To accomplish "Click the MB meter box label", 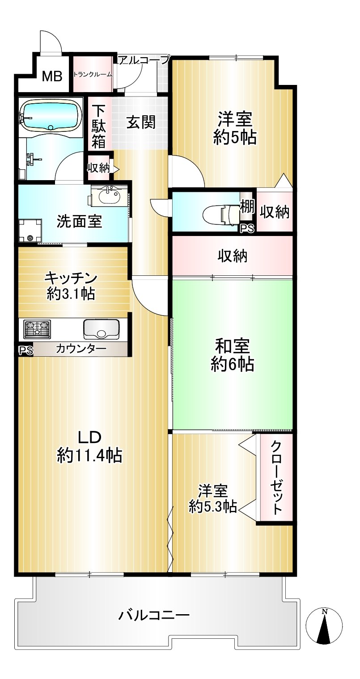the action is [x=52, y=76].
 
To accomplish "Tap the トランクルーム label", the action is [x=93, y=74].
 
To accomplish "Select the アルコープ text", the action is [x=144, y=60].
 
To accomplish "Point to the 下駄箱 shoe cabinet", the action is [x=99, y=126].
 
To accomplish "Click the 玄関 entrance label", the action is [x=141, y=122].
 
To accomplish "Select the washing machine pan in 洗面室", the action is [x=30, y=230].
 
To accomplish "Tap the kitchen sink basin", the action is [x=101, y=329].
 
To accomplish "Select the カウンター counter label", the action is [x=81, y=349].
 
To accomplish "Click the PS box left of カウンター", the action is [x=25, y=350].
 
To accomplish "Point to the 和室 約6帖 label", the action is [x=232, y=355].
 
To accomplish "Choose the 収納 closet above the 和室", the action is [x=232, y=256].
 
